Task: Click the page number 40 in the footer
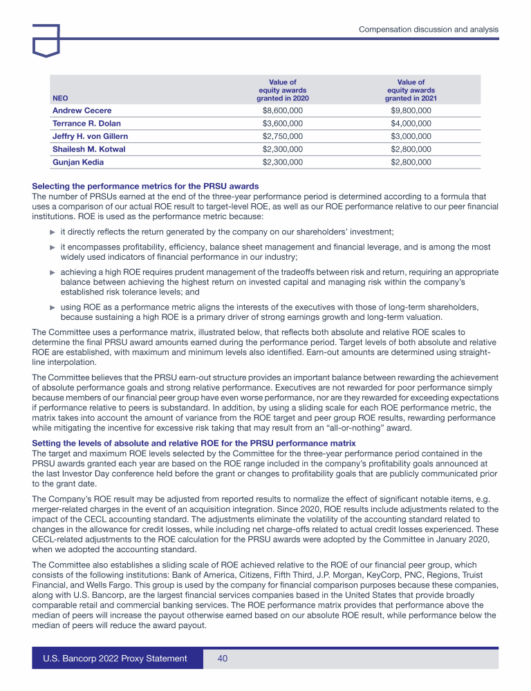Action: pyautogui.click(x=223, y=659)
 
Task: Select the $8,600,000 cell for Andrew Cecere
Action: pyautogui.click(x=282, y=111)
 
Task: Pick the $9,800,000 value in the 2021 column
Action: pyautogui.click(x=411, y=111)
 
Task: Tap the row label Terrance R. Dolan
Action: pyautogui.click(x=86, y=124)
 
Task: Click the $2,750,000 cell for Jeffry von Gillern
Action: pyautogui.click(x=282, y=136)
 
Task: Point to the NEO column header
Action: pyautogui.click(x=61, y=98)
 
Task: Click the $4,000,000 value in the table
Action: pyautogui.click(x=411, y=124)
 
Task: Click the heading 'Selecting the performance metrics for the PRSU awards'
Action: pyautogui.click(x=146, y=186)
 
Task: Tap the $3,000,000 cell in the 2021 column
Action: pyautogui.click(x=411, y=136)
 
